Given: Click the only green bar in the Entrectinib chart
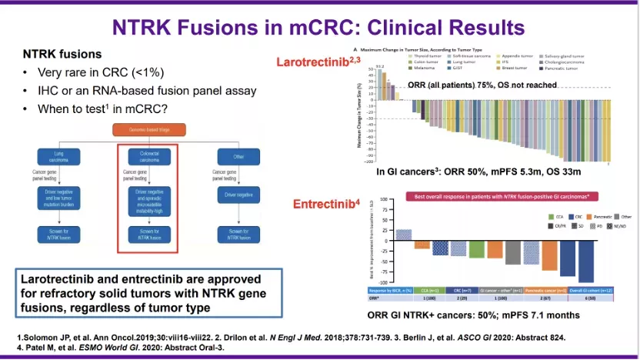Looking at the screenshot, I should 477,249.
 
